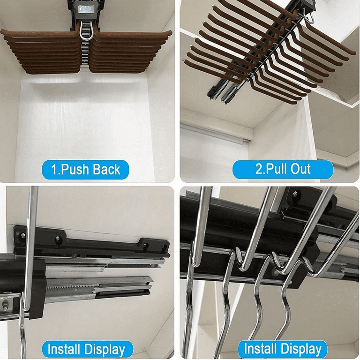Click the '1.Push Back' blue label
[x=85, y=170]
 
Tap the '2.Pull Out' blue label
[x=283, y=169]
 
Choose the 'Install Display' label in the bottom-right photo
[x=283, y=349]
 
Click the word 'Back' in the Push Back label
[x=106, y=170]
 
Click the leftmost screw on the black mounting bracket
[x=22, y=235]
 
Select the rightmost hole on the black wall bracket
[x=165, y=248]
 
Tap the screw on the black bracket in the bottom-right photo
[x=294, y=194]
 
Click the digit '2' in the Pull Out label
[x=259, y=169]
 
